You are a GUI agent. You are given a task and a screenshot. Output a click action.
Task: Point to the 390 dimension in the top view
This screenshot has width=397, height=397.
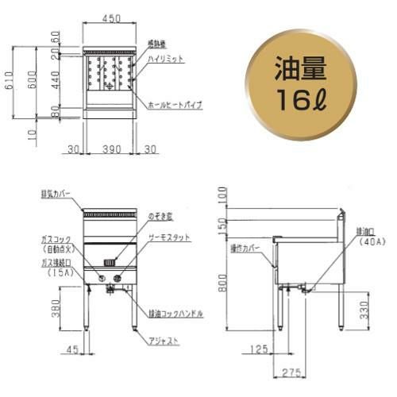click(110, 148)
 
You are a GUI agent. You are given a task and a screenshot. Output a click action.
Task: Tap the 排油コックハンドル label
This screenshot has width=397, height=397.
click(172, 314)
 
